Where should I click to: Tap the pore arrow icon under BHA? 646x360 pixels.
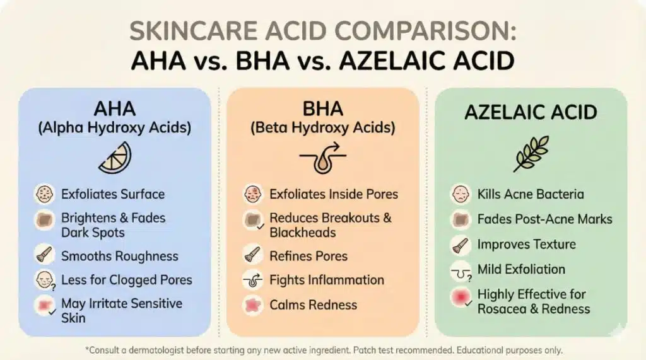322,158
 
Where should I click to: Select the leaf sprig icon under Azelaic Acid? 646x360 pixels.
531,154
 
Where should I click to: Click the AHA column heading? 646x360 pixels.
114,108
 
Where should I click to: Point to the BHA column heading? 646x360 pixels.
322,108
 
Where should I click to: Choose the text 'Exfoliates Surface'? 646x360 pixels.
113,194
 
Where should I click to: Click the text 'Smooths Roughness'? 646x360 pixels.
120,257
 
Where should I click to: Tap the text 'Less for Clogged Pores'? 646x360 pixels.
127,280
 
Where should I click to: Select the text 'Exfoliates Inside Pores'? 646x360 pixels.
334,194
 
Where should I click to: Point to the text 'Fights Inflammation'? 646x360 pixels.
327,280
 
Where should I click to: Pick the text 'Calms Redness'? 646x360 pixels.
314,305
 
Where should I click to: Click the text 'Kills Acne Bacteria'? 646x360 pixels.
531,194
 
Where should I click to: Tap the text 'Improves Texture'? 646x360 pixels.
527,245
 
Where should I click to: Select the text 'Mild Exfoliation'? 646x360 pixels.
521,269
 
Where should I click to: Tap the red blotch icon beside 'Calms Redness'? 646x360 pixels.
253,305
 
